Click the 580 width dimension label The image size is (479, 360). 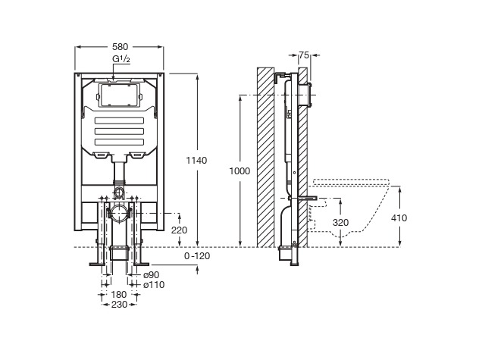pos(120,47)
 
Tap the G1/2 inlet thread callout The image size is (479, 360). pos(121,59)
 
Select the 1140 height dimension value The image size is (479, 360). pos(196,160)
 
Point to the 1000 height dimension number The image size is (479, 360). pos(239,171)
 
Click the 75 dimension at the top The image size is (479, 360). pos(304,55)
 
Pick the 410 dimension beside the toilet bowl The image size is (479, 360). pos(399,218)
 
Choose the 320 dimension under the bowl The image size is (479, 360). pos(340,223)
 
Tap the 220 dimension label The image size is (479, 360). pos(179,230)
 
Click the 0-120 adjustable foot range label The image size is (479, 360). pos(197,256)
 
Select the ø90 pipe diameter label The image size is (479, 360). pos(152,275)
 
